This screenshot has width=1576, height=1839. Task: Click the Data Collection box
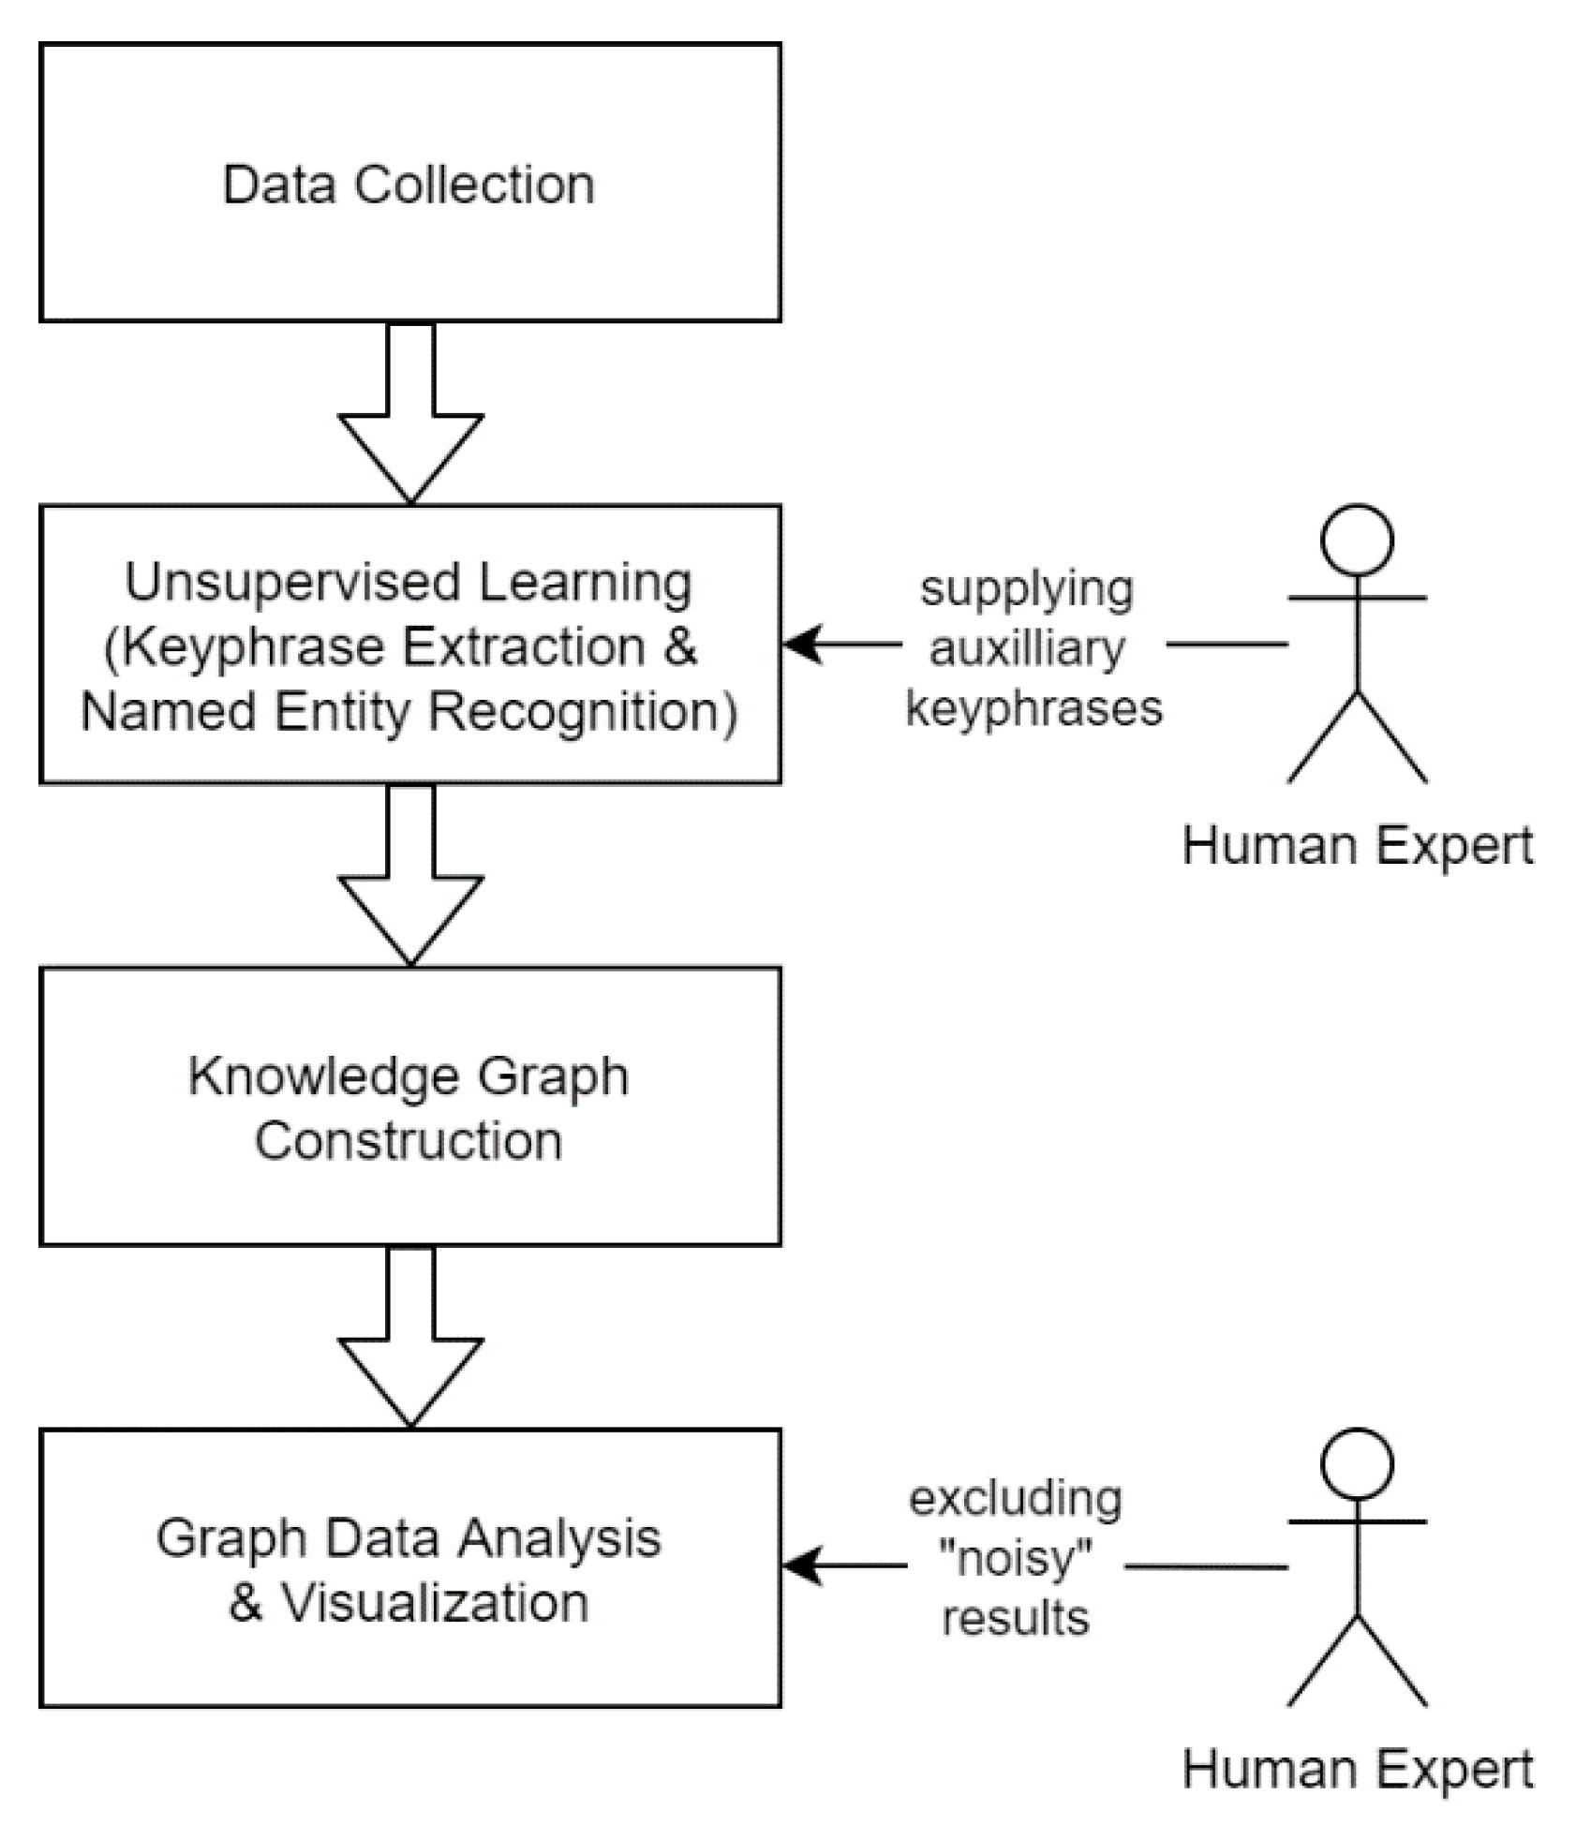click(409, 183)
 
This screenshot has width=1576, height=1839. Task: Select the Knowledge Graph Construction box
click(409, 1105)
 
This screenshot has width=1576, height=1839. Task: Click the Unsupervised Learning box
click(409, 644)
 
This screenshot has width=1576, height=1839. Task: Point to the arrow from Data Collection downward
click(410, 412)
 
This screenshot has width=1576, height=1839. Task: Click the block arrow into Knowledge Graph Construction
click(410, 874)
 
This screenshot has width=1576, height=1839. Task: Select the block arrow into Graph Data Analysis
click(410, 1336)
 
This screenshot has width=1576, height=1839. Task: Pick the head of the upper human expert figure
click(1357, 541)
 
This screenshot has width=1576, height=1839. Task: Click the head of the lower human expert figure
click(1357, 1463)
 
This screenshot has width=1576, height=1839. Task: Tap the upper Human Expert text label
click(1358, 846)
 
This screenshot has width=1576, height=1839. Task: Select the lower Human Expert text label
click(1358, 1769)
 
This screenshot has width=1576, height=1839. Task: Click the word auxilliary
click(1027, 647)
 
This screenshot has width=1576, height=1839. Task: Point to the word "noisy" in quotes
click(1016, 1558)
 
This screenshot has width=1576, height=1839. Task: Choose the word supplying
click(1027, 590)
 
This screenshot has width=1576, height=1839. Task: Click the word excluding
click(1016, 1498)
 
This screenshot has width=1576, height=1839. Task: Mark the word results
click(1016, 1618)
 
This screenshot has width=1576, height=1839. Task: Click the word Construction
click(409, 1140)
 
